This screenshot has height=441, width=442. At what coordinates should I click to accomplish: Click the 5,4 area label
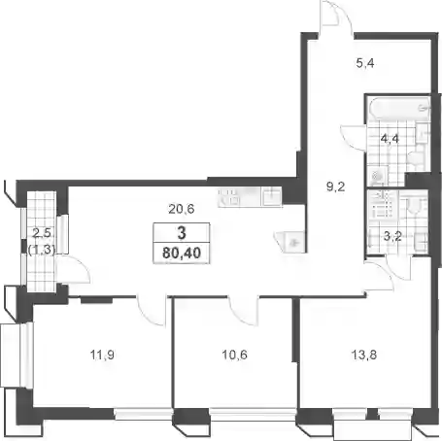point(365,63)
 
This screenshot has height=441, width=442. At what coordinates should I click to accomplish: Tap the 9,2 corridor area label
point(336,187)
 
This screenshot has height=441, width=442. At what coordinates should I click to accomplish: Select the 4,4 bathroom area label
point(390,139)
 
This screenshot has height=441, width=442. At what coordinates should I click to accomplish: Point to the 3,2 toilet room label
point(392,236)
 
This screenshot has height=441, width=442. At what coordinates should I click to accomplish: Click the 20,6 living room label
point(182,209)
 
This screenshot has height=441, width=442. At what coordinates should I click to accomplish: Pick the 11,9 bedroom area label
point(102,355)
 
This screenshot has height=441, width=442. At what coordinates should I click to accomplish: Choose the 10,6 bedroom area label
point(234,355)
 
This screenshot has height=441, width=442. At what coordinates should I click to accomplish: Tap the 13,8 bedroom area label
point(364,355)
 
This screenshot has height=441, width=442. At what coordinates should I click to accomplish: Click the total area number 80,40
point(182,253)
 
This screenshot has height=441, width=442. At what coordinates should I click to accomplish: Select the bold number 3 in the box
point(182,233)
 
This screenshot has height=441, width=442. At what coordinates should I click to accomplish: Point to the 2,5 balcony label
point(42,233)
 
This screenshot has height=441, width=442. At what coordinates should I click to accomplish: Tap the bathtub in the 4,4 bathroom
point(399,108)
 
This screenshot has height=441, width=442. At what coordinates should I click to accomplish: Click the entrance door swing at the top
point(335,17)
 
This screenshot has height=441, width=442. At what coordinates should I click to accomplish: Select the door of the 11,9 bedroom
point(151,311)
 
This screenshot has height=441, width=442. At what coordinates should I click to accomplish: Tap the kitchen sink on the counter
point(272,197)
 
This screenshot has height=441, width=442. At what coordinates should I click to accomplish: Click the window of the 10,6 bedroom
point(253,414)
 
